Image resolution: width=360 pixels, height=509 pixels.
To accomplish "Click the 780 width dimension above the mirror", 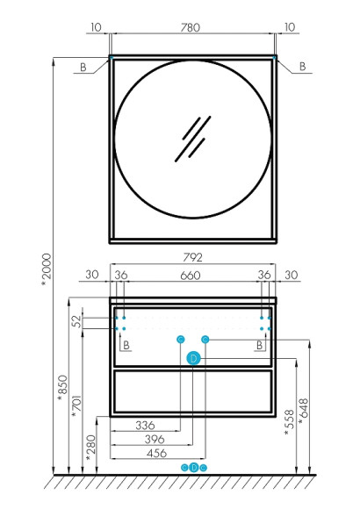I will (x=191, y=27).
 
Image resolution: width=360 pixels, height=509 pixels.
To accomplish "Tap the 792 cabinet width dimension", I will (x=194, y=259).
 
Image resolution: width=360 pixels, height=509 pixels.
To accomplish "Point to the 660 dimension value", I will (x=192, y=276).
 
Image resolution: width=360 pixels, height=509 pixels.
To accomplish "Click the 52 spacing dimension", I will (x=76, y=322).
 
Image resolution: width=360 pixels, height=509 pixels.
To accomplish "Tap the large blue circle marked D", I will (x=194, y=357).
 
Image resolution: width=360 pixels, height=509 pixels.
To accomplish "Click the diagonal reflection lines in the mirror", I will (x=191, y=135).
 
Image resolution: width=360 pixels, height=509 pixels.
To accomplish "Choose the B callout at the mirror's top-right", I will (x=302, y=66).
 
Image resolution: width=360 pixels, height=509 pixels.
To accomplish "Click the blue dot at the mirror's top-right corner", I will (x=275, y=58).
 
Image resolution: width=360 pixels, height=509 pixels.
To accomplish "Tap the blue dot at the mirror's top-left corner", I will (x=111, y=58).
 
